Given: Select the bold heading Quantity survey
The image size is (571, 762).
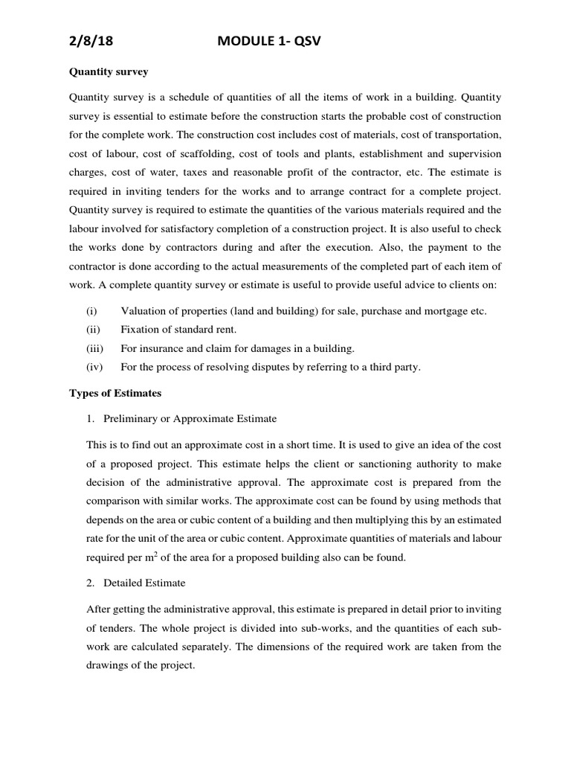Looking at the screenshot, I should pyautogui.click(x=109, y=72).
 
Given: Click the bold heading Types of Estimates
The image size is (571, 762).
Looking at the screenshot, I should pyautogui.click(x=115, y=392).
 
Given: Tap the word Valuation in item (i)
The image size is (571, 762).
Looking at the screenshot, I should pyautogui.click(x=144, y=311).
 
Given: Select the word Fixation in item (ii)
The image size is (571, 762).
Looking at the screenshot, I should pyautogui.click(x=141, y=330).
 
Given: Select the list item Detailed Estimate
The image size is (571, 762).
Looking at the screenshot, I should pyautogui.click(x=144, y=582).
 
